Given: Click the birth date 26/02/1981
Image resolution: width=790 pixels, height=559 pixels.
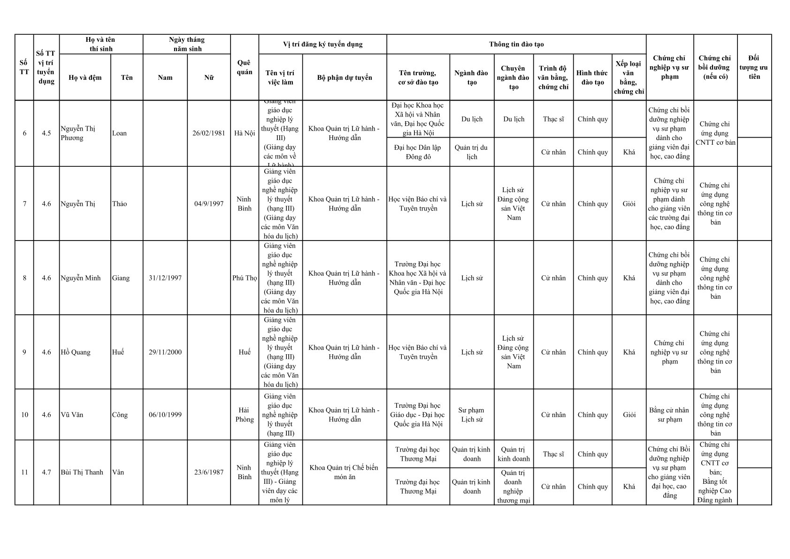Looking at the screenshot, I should pyautogui.click(x=209, y=133).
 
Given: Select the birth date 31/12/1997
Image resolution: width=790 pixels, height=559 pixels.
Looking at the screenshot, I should pyautogui.click(x=165, y=278).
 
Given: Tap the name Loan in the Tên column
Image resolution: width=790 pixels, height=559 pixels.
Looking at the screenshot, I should pyautogui.click(x=119, y=133).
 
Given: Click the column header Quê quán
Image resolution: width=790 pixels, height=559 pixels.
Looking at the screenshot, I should pyautogui.click(x=245, y=68).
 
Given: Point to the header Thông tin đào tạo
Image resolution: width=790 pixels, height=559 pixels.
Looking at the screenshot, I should pyautogui.click(x=516, y=44).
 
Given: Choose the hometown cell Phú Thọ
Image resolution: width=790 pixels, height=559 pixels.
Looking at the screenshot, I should pyautogui.click(x=245, y=278).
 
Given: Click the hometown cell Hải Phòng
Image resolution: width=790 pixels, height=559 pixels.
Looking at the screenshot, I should pyautogui.click(x=245, y=415).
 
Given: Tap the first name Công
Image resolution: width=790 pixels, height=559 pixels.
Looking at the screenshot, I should pyautogui.click(x=120, y=415).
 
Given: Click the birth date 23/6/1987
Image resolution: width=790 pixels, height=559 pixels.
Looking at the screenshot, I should pyautogui.click(x=209, y=473).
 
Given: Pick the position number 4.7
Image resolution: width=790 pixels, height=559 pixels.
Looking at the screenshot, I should pyautogui.click(x=46, y=473).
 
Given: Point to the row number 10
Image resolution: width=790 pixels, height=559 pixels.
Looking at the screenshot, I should pyautogui.click(x=24, y=415).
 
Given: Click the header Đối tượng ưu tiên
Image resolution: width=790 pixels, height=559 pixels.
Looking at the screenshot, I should pyautogui.click(x=754, y=67).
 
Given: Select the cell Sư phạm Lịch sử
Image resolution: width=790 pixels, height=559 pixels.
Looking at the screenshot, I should pyautogui.click(x=472, y=415).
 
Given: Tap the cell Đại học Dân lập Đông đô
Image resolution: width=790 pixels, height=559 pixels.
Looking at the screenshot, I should pyautogui.click(x=418, y=152).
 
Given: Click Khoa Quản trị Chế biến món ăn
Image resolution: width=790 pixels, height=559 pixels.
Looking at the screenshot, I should pyautogui.click(x=344, y=473).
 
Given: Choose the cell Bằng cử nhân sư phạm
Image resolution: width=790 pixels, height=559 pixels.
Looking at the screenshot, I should pyautogui.click(x=669, y=415).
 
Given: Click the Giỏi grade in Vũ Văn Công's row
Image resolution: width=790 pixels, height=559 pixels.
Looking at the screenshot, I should pyautogui.click(x=629, y=415).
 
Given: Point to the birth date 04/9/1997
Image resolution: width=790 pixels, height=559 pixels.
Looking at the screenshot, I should pyautogui.click(x=209, y=204).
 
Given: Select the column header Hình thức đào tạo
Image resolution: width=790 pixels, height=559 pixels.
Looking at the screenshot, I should pyautogui.click(x=592, y=78).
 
